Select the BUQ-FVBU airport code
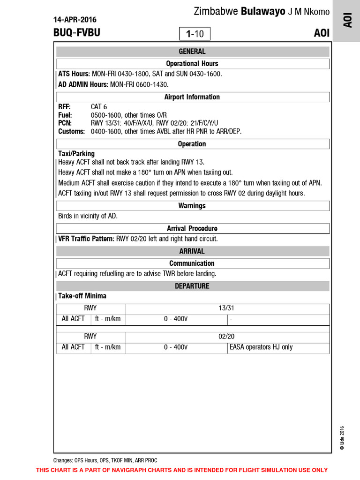coord(77,33)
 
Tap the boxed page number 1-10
coord(195,34)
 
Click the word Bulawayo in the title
coord(263,12)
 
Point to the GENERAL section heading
coord(192,52)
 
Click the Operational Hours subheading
coord(192,63)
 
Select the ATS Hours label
coord(74,74)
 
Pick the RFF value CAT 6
coord(99,107)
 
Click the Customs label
coord(71,131)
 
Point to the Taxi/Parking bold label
coord(76,154)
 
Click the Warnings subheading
coord(192,206)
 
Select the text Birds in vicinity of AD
coord(88,216)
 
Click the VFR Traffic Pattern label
coord(86,239)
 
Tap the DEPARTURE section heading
coord(192,286)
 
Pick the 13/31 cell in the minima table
coord(226,308)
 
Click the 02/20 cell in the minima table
coord(226,336)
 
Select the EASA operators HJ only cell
coord(261,347)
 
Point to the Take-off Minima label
coord(82,296)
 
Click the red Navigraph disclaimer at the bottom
coord(182,470)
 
